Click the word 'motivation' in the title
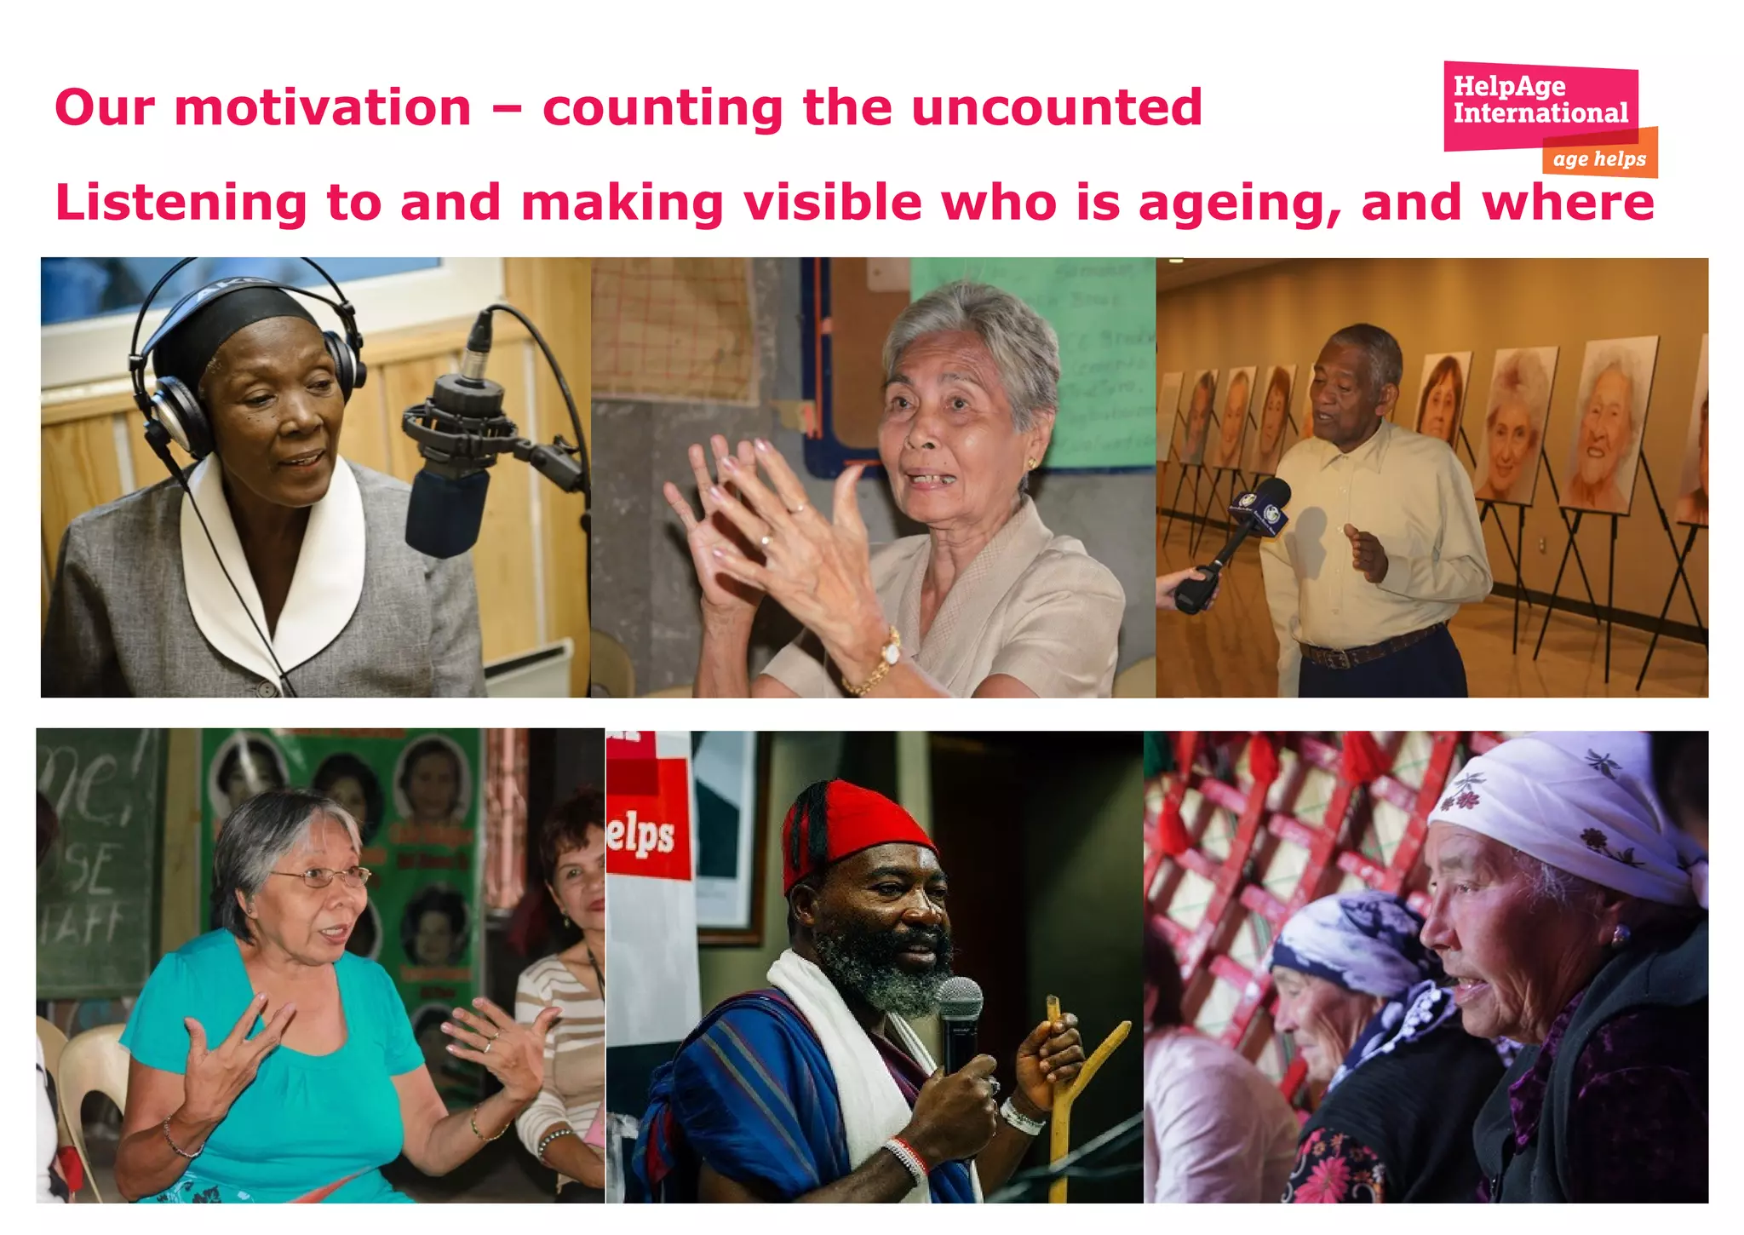click(x=323, y=108)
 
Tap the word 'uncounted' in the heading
click(x=1056, y=108)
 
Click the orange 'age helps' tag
click(x=1599, y=159)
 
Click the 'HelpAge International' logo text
click(x=1540, y=100)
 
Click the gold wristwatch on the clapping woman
click(x=890, y=652)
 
